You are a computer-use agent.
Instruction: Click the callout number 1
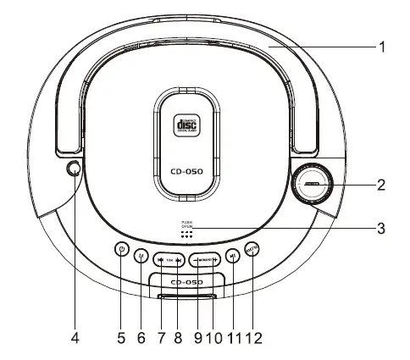click(x=382, y=47)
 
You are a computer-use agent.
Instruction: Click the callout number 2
click(x=382, y=183)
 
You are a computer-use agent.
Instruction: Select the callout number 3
click(x=382, y=228)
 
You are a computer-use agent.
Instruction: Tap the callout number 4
click(x=75, y=338)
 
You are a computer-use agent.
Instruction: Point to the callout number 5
click(x=121, y=338)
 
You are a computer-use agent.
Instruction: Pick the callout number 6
click(x=141, y=338)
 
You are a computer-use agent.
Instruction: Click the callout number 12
click(x=254, y=338)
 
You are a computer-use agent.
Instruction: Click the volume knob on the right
click(x=313, y=184)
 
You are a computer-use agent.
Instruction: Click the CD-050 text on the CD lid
click(x=185, y=167)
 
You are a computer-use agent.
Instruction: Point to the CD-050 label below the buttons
click(x=185, y=281)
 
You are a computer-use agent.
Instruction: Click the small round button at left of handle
click(x=75, y=169)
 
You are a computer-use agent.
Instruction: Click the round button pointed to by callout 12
click(x=252, y=249)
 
